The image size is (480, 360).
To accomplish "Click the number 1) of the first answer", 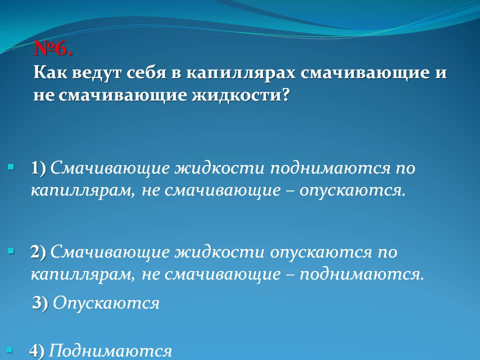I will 38,167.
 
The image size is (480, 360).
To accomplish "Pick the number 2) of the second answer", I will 38,252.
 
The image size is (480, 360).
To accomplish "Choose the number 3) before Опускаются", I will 40,302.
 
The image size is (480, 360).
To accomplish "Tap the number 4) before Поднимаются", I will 36,351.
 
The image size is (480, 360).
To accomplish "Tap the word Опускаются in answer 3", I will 106,303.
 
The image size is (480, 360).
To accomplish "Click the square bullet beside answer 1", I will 11,165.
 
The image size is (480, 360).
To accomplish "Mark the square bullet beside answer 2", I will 11,249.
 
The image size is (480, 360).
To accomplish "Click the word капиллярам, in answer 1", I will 82,190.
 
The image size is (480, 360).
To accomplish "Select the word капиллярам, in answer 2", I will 82,274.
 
